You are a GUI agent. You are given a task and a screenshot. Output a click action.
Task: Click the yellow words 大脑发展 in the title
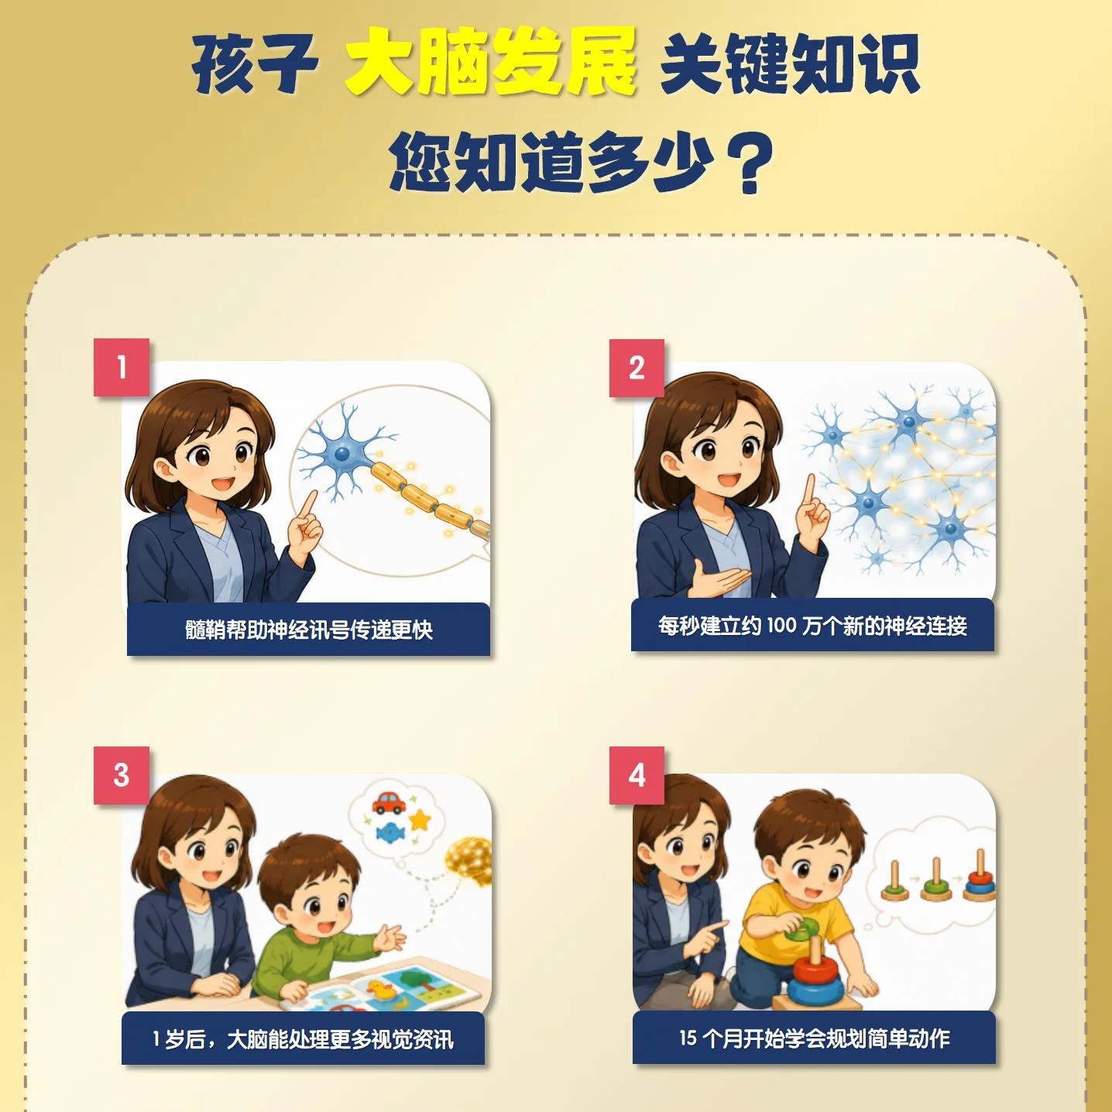pos(490,62)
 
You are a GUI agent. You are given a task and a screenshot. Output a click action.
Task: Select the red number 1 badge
pos(121,367)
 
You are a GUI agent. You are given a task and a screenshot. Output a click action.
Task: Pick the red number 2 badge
pos(637,368)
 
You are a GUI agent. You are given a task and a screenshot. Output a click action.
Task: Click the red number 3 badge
pos(121,775)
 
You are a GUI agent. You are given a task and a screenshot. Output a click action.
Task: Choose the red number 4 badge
pos(637,775)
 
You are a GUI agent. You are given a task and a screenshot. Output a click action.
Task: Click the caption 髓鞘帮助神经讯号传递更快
pos(309,629)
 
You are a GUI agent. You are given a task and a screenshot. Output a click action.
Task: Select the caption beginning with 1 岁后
pos(303,1039)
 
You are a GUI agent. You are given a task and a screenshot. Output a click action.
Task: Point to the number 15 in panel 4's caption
pos(688,1038)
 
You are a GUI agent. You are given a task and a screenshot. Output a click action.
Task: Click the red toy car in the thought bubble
pos(390,802)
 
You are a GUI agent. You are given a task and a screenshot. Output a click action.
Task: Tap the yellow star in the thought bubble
pos(420,820)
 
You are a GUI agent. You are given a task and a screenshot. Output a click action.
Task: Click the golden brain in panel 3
pos(469,862)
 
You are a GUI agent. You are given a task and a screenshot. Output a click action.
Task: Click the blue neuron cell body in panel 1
pos(343,453)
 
